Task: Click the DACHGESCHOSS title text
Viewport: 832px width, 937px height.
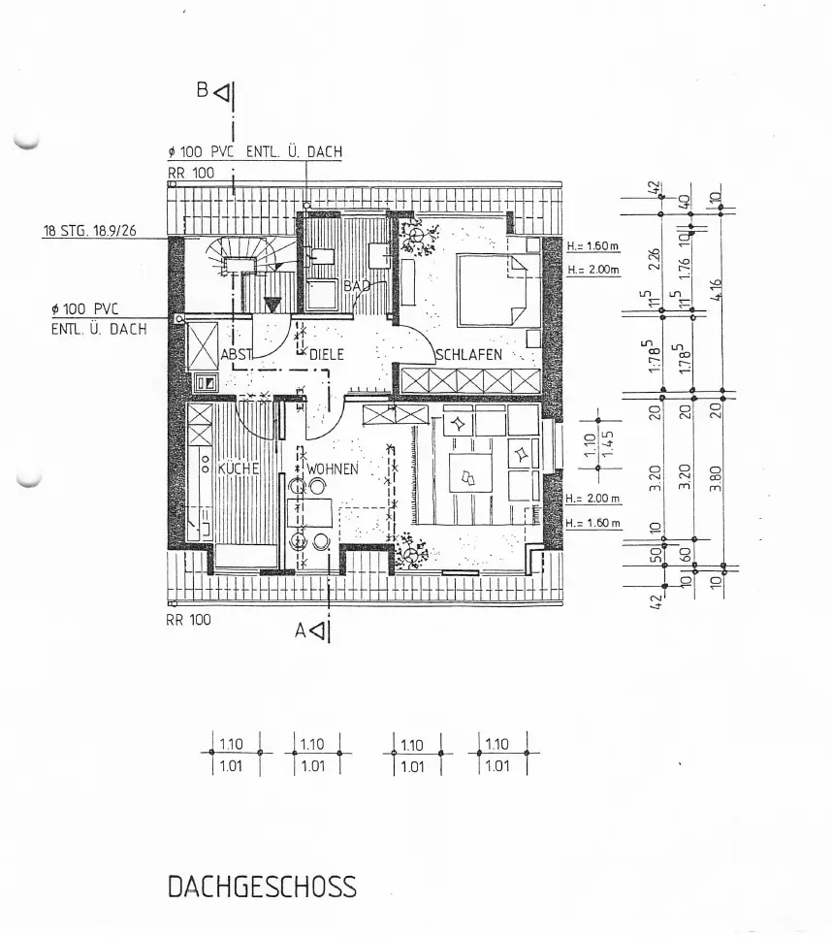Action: pos(262,887)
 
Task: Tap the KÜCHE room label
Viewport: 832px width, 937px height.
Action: pos(237,468)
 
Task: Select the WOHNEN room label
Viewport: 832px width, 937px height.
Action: pos(334,468)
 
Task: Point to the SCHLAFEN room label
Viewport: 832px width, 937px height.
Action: pos(469,355)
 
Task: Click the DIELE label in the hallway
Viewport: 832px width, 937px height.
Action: pos(327,355)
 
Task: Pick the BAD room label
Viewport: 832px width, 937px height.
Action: pos(357,286)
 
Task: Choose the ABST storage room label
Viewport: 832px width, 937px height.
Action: pos(237,355)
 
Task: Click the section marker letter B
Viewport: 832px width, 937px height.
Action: pos(203,90)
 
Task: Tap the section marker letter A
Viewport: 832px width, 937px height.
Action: pos(303,630)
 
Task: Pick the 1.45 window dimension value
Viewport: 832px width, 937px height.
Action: pos(608,444)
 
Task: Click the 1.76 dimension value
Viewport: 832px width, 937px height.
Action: pos(686,265)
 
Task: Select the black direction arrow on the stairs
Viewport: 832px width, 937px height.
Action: pos(272,306)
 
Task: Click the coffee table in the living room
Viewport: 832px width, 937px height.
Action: pos(469,476)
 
